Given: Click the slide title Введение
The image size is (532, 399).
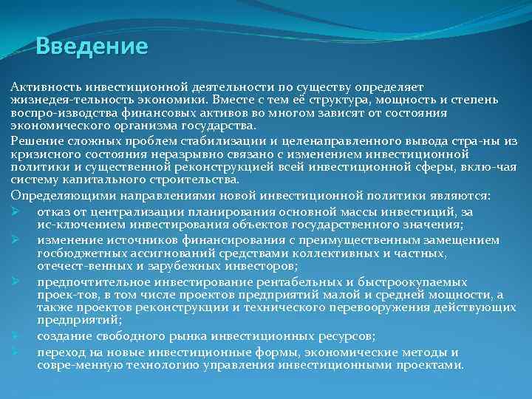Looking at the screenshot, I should point(92,47).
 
